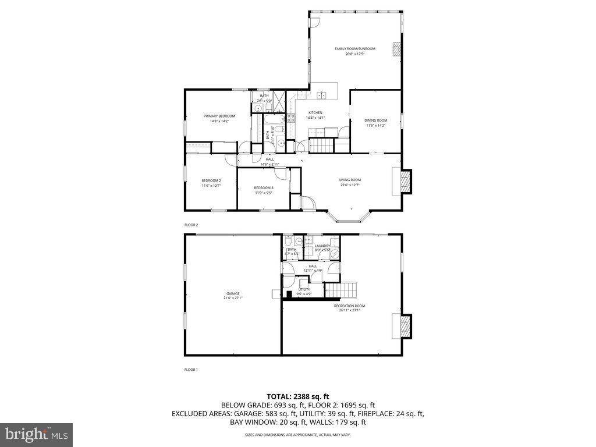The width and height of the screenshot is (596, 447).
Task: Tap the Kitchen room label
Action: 315,113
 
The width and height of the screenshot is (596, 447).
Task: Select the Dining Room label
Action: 375,120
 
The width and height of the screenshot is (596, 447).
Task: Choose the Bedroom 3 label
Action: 264,187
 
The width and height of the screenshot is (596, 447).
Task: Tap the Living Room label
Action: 350,180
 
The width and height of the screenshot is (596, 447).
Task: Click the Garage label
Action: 233,294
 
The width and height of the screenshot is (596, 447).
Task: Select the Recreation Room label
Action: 349,306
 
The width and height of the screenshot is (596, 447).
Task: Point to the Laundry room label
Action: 322,246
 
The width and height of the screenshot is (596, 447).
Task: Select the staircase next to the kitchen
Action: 320,146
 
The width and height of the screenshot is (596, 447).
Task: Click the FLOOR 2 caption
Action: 191,225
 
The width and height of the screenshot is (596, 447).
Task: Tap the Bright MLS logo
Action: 36,434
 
